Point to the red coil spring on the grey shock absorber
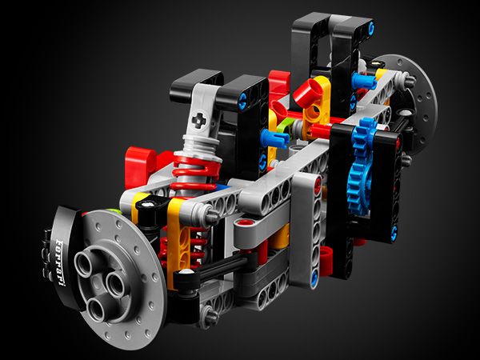(196, 173)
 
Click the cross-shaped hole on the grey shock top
(199, 120)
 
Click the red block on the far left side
(142, 167)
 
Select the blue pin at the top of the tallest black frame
(371, 28)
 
